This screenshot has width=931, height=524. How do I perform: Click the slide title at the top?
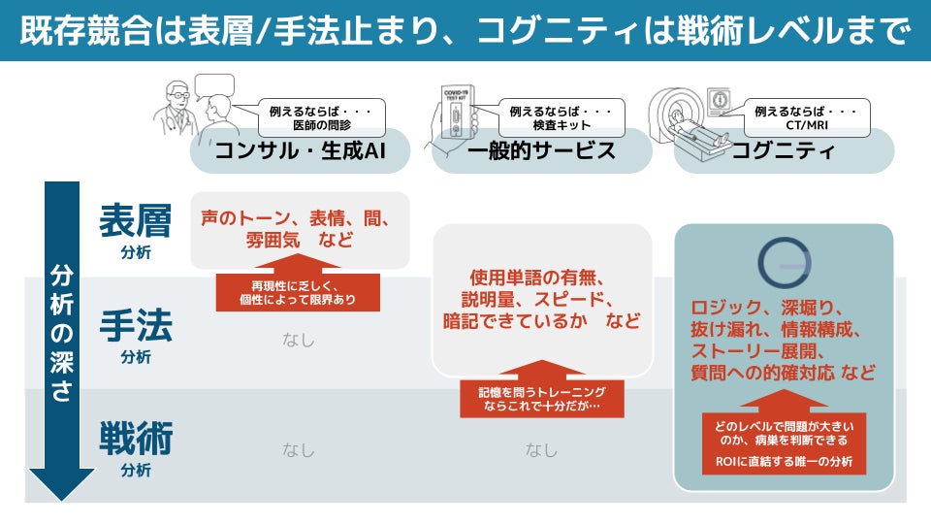click(x=465, y=30)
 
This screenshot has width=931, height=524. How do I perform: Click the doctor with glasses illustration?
click(x=176, y=108)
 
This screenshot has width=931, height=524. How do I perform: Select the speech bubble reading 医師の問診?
click(x=321, y=117)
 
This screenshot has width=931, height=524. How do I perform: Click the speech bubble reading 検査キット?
click(x=562, y=117)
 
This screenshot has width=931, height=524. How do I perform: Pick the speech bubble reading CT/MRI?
click(x=806, y=117)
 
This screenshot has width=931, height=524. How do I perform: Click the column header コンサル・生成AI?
click(x=300, y=150)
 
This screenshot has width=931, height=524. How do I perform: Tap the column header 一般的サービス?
click(x=541, y=150)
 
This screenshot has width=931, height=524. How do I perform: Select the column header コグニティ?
click(x=784, y=150)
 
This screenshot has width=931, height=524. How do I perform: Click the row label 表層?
click(x=136, y=220)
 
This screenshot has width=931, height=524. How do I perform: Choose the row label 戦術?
click(x=136, y=438)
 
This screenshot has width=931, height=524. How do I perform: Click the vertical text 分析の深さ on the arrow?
click(x=62, y=333)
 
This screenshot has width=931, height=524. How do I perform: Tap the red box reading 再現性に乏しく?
click(x=298, y=292)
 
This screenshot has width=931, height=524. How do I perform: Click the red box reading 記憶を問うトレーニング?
click(x=542, y=399)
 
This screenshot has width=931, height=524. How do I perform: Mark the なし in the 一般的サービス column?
click(x=541, y=450)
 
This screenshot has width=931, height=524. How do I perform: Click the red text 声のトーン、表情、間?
click(x=295, y=218)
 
